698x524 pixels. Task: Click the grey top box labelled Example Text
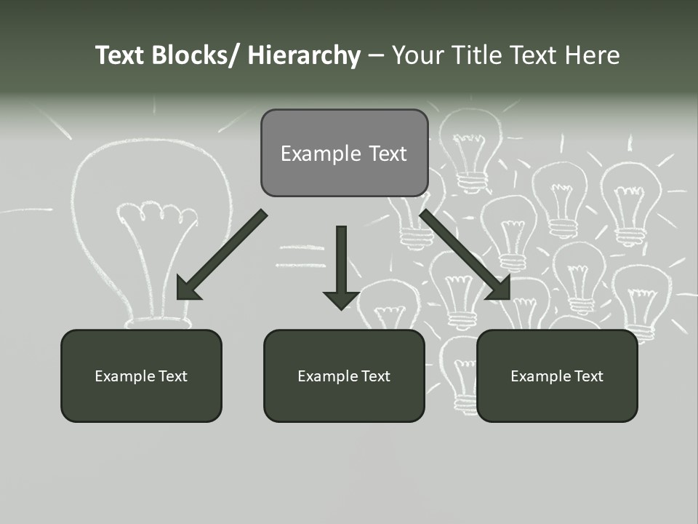coord(344,153)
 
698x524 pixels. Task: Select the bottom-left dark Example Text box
coord(141,376)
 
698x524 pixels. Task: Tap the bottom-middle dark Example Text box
coord(344,376)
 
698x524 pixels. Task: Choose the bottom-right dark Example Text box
coord(557,376)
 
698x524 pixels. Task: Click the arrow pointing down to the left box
coord(222,255)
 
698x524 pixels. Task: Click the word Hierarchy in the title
coord(304,55)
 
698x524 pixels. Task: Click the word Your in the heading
coord(418,55)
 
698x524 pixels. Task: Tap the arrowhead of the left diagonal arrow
coord(188,288)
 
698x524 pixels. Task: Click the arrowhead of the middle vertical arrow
coord(341,299)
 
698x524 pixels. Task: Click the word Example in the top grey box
coord(310,154)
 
